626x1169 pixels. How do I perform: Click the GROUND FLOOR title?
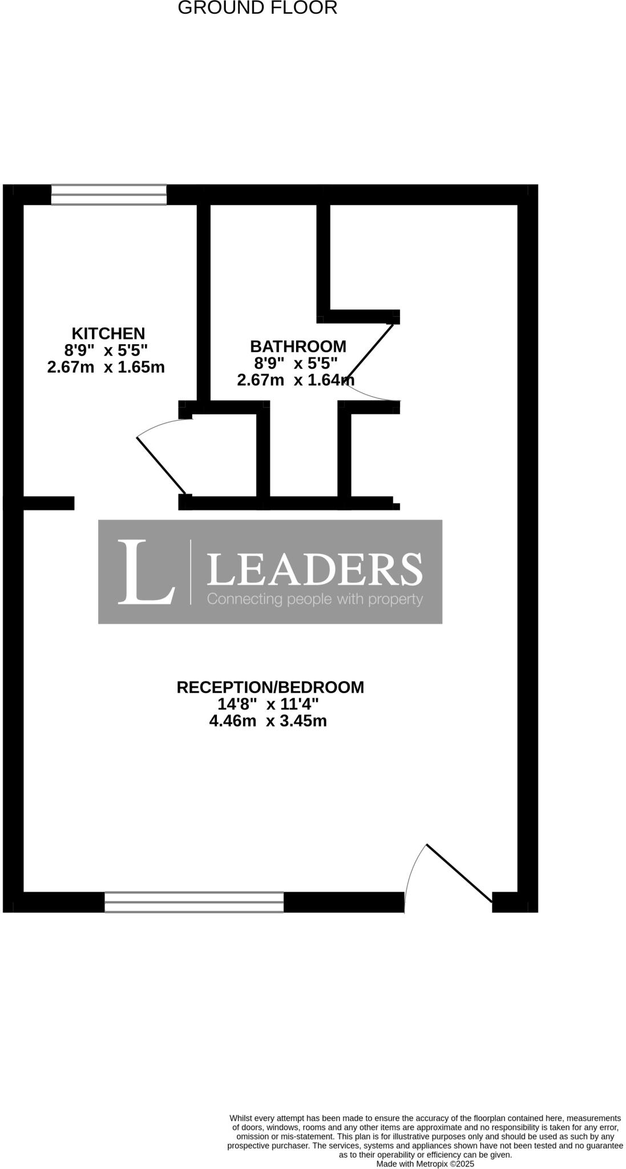point(257,9)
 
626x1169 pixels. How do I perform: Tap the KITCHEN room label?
point(108,333)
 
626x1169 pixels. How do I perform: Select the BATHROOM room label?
point(298,346)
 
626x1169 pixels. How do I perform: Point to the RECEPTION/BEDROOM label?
point(270,687)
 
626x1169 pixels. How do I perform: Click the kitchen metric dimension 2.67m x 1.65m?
point(106,367)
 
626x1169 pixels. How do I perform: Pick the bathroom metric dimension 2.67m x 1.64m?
point(296,380)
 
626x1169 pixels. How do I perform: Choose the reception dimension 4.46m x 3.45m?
point(268,721)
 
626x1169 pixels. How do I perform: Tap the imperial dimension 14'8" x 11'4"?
point(268,704)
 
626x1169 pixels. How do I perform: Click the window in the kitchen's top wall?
point(109,194)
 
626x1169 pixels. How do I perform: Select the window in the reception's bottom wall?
point(194,902)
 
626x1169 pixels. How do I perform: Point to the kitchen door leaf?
point(161,465)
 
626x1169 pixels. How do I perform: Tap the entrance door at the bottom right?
point(459,873)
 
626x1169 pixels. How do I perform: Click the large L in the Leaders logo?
point(146,572)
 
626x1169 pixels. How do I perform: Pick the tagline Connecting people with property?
point(314,599)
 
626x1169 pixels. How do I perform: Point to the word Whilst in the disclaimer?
point(241,1118)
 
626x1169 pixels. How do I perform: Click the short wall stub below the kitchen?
point(49,503)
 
